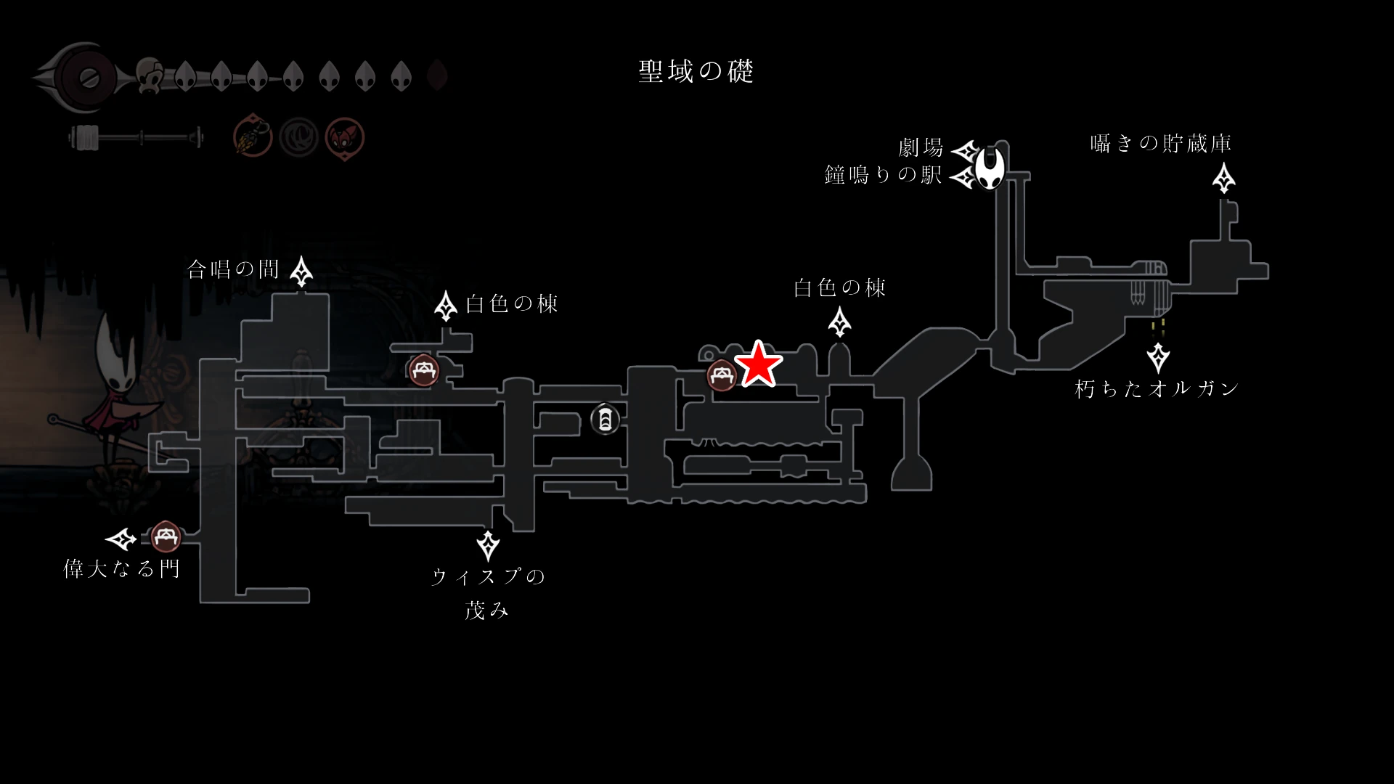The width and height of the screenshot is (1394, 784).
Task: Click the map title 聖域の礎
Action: point(696,71)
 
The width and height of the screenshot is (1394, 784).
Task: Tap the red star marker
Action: point(759,364)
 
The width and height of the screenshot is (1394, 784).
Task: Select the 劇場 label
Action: point(921,148)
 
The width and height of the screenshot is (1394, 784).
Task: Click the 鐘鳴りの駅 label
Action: point(883,175)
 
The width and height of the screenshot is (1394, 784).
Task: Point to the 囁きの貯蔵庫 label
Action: point(1160,143)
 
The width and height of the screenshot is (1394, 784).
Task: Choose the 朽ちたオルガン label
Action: point(1157,389)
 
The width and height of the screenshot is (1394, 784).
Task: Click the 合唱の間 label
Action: point(233,270)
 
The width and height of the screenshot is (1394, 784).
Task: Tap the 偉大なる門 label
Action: point(121,568)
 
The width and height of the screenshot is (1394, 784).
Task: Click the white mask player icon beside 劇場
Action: point(990,167)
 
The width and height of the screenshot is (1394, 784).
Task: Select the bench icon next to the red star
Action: point(722,375)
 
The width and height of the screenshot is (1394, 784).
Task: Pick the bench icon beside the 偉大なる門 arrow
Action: point(166,537)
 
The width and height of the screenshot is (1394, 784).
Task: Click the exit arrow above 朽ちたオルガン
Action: point(1158,357)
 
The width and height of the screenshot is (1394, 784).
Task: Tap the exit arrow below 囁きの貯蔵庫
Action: point(1224,178)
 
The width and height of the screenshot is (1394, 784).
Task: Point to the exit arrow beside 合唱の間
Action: point(301,271)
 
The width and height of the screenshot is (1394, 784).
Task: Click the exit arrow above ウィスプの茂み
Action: point(488,545)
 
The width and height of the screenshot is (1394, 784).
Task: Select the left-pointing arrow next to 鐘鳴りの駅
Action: point(964,176)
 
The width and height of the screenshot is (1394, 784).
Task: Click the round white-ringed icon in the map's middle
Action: point(605,419)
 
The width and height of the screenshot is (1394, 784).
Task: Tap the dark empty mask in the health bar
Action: point(437,75)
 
